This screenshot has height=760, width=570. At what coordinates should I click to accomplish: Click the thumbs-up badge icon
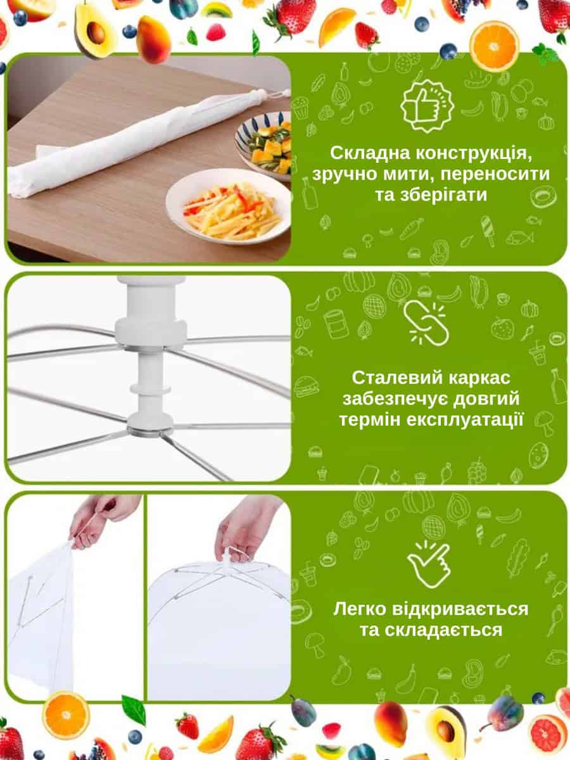click(x=427, y=106)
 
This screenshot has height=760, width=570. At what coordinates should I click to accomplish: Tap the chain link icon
click(x=426, y=323)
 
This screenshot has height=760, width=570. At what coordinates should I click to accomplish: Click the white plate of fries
click(x=229, y=206)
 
